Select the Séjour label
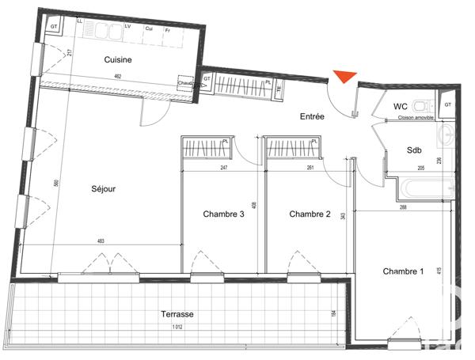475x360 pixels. pyautogui.click(x=103, y=190)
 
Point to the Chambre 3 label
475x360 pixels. pyautogui.click(x=224, y=214)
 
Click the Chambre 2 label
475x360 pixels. pyautogui.click(x=309, y=214)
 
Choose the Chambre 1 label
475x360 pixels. pyautogui.click(x=403, y=271)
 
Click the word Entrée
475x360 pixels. pyautogui.click(x=312, y=117)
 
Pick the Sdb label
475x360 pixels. pyautogui.click(x=414, y=150)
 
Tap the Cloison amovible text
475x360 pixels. pyautogui.click(x=416, y=119)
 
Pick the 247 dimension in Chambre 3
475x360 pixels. pyautogui.click(x=224, y=168)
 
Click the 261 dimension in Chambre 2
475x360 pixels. pyautogui.click(x=310, y=168)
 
